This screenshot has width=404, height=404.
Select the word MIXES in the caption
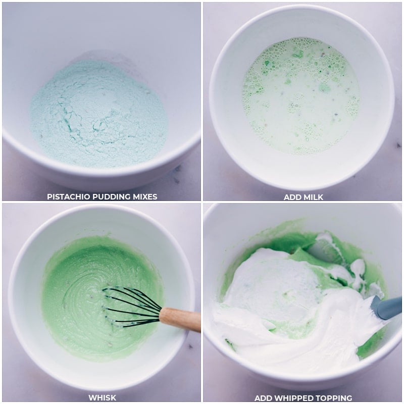coord(145,196)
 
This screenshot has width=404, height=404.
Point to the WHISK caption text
coord(103,398)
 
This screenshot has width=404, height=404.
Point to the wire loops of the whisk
coord(131,307)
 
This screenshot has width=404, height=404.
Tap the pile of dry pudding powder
coord(99,113)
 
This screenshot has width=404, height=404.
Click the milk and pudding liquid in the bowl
coord(301,96)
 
